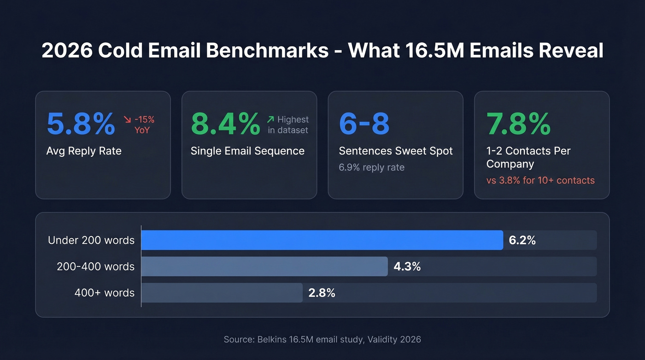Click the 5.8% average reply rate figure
point(81,124)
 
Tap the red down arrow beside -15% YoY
point(128,120)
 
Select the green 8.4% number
point(225,124)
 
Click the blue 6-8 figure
point(364,124)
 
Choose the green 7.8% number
point(518,124)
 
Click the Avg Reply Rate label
point(84,151)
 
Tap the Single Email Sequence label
point(247,151)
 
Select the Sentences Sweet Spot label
point(395,151)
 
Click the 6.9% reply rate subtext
point(371,167)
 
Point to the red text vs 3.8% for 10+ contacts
point(540,180)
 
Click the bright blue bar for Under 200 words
point(322,240)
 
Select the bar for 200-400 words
point(264,266)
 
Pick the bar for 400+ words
point(222,293)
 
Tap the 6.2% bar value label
point(522,240)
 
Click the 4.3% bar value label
point(407,266)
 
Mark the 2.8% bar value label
point(322,293)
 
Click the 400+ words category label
point(104,293)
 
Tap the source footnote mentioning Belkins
point(322,339)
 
